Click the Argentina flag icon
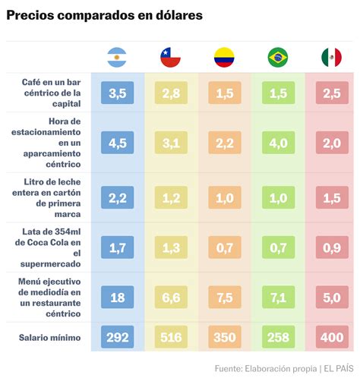[x=117, y=57]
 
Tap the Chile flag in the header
[x=170, y=57]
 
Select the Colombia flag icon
[x=224, y=57]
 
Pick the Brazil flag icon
[x=278, y=57]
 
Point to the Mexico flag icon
[x=331, y=57]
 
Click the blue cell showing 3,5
[x=117, y=93]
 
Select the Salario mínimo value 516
[x=170, y=335]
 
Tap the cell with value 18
[x=117, y=298]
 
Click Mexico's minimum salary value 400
[x=331, y=335]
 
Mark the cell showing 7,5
[x=224, y=298]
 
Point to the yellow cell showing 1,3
[x=170, y=247]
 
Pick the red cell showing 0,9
[x=331, y=247]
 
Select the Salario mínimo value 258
[x=278, y=335]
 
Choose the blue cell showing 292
[x=117, y=335]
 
